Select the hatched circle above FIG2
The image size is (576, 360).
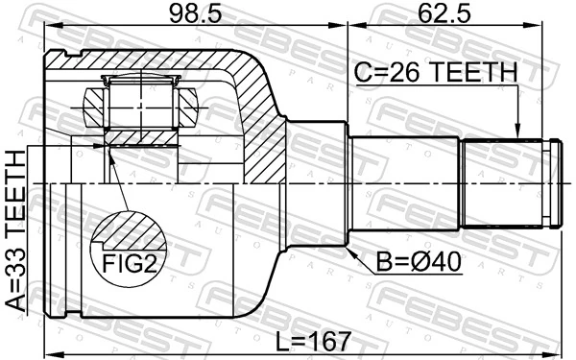(129, 229)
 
